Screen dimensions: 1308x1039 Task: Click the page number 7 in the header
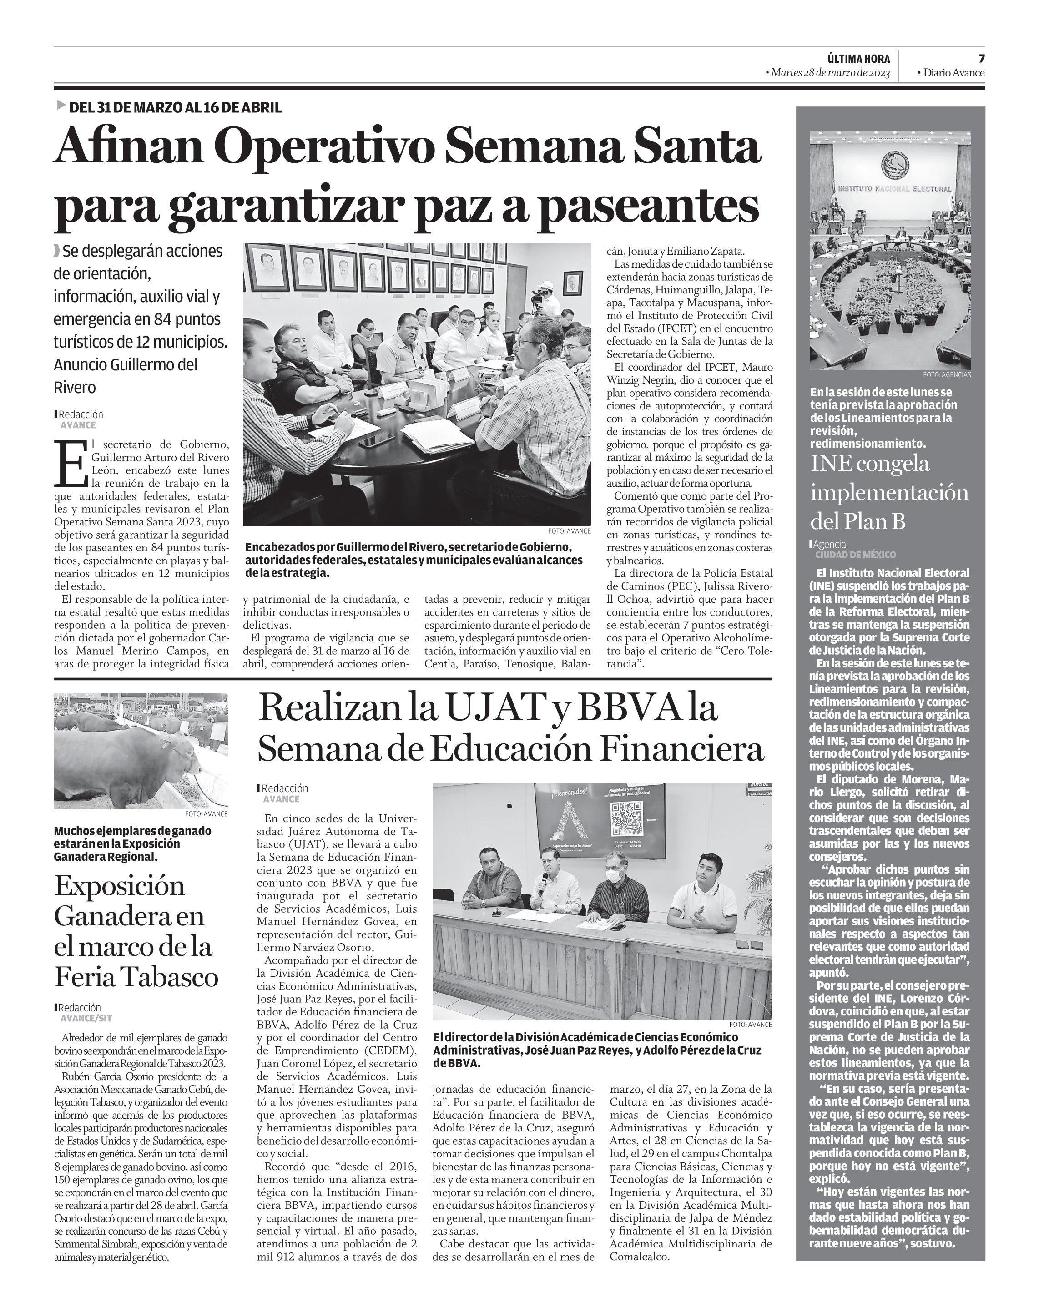pyautogui.click(x=981, y=58)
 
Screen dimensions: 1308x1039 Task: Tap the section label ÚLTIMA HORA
pyautogui.click(x=858, y=59)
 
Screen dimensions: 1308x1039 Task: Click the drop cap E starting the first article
pyautogui.click(x=71, y=463)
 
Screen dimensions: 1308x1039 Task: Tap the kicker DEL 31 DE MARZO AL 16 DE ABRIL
pyautogui.click(x=175, y=107)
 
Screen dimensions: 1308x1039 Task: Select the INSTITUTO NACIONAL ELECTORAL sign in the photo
pyautogui.click(x=894, y=189)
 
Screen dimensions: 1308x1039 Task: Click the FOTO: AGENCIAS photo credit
pyautogui.click(x=946, y=375)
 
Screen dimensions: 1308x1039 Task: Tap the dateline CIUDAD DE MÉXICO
pyautogui.click(x=855, y=555)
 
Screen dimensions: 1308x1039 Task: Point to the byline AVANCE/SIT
pyautogui.click(x=86, y=1019)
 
